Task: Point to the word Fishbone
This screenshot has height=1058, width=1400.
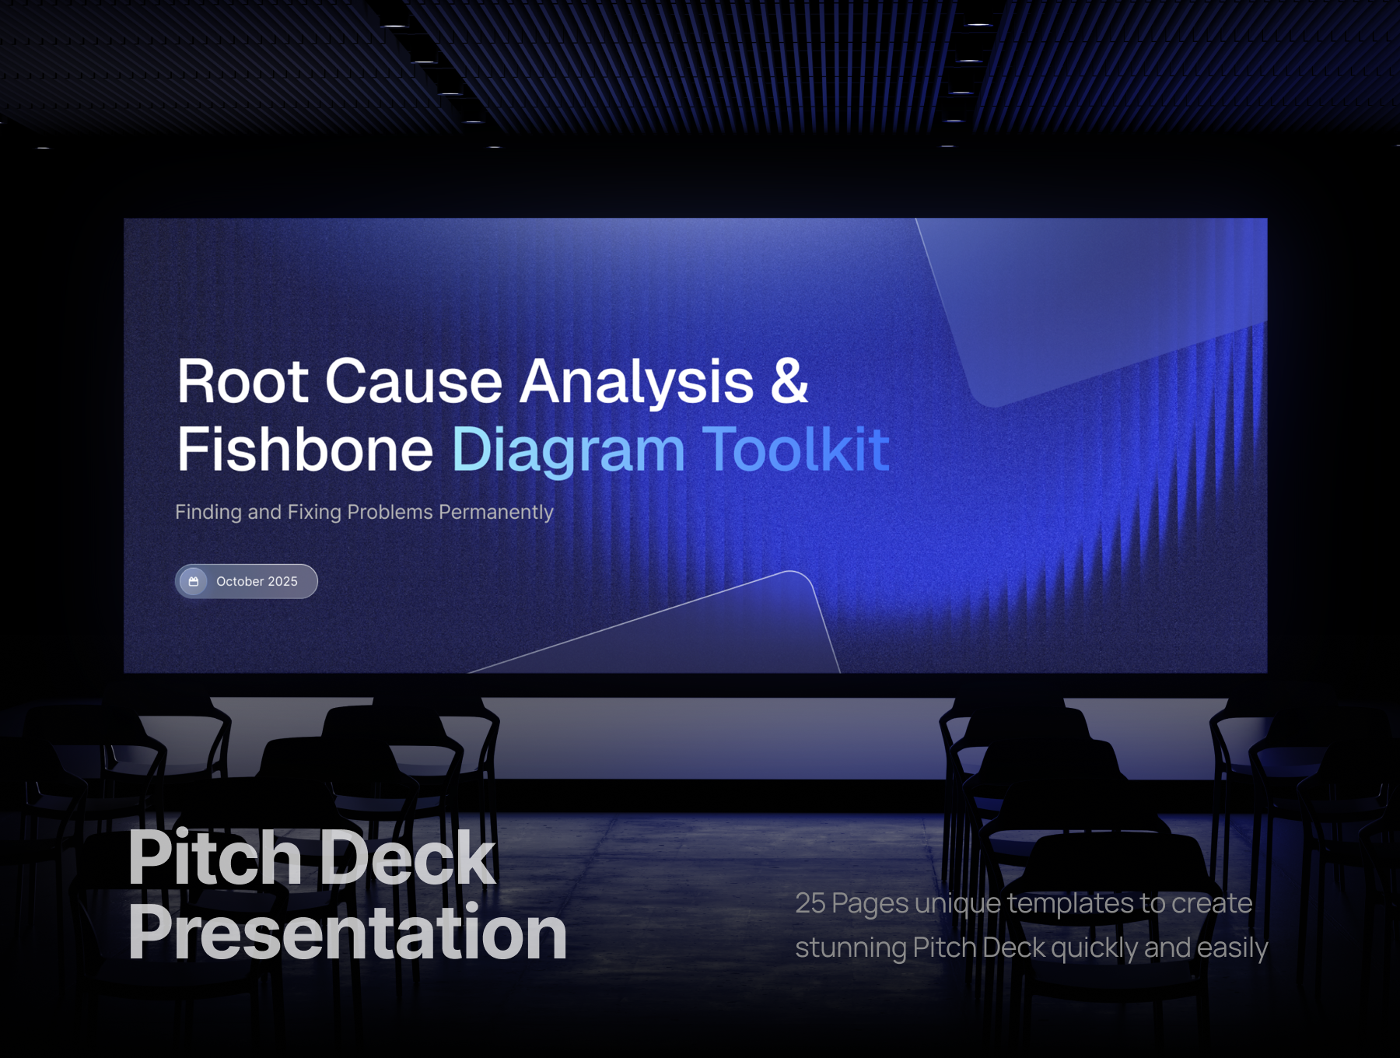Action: [305, 449]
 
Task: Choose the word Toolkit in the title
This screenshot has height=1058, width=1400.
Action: [796, 449]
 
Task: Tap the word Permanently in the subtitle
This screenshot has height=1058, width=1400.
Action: [496, 513]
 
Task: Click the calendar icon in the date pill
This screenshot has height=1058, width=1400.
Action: [194, 582]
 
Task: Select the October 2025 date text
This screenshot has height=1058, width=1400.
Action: [257, 582]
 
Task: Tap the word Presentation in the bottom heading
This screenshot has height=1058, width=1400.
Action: [348, 933]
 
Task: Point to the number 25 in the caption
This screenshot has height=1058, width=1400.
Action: [810, 903]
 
